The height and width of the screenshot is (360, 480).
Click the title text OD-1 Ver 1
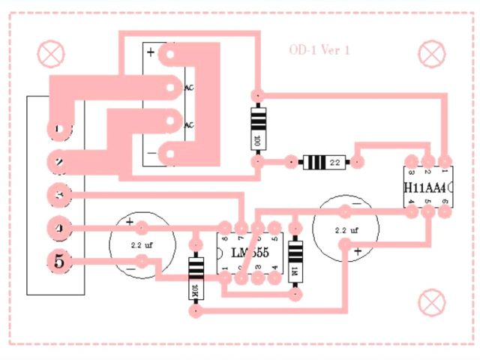(x=319, y=50)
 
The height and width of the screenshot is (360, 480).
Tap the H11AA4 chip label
(x=425, y=187)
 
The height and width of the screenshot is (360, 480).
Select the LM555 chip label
(x=250, y=252)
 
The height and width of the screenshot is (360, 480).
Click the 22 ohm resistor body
(x=323, y=161)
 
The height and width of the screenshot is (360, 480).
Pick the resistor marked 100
(x=257, y=127)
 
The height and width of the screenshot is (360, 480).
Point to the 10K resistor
(x=196, y=278)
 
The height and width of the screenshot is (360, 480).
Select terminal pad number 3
(x=58, y=194)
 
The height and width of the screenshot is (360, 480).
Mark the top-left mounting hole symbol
(x=51, y=53)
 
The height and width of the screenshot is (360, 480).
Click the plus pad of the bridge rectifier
(x=172, y=54)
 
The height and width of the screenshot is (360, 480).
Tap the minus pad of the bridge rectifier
(x=172, y=155)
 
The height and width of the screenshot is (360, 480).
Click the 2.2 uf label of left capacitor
(x=142, y=245)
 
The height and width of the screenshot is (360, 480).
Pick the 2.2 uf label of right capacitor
(x=346, y=230)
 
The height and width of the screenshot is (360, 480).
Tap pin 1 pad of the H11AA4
(x=445, y=160)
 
